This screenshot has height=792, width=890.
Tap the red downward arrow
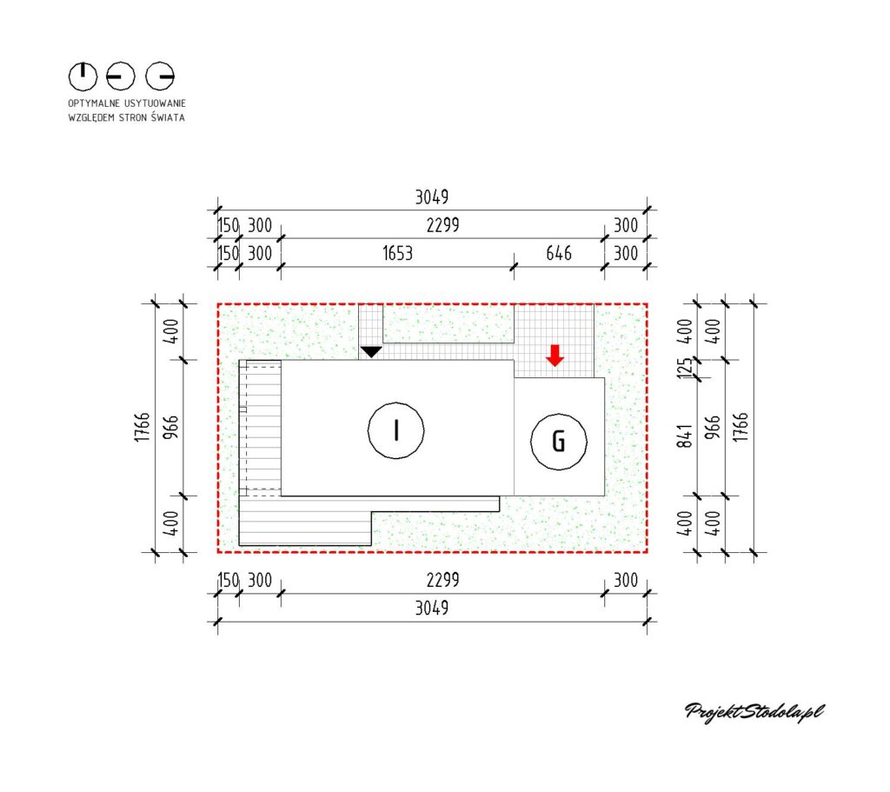[555, 355]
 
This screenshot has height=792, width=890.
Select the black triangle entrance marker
[371, 352]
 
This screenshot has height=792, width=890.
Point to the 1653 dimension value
[397, 253]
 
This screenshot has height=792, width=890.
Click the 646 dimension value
[559, 253]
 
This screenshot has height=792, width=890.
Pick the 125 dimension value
[686, 369]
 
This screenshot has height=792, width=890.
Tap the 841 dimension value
[686, 436]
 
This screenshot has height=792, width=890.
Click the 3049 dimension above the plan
[432, 197]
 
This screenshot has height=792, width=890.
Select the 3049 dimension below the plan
[432, 608]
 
